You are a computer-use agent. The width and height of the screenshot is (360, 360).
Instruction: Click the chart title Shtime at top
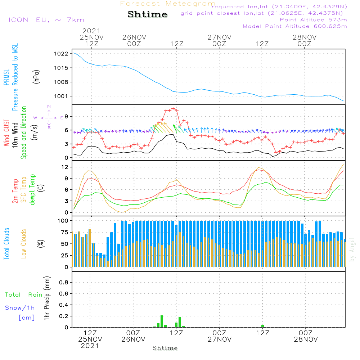[x=147, y=15]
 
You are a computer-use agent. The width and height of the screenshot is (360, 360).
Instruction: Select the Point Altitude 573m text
[x=313, y=19]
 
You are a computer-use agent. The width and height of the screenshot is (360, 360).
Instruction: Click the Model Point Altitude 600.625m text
[x=295, y=26]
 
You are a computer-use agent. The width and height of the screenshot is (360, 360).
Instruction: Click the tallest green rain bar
[x=162, y=321]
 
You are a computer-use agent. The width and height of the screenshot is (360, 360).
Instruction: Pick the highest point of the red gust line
[x=173, y=108]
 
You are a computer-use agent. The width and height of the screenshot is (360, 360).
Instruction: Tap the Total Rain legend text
[x=24, y=294]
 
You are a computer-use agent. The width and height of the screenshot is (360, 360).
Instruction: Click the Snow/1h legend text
[x=20, y=308]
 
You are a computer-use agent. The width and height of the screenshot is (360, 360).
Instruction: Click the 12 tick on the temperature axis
[x=65, y=167]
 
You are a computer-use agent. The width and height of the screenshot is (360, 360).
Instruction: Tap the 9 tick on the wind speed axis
[x=67, y=116]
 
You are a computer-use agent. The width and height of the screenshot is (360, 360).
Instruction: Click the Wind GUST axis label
[x=7, y=134]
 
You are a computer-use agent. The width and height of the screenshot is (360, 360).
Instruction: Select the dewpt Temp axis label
[x=33, y=190]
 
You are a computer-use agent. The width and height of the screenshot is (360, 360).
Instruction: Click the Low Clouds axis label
[x=24, y=243]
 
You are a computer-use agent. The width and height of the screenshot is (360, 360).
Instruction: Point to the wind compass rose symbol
[x=49, y=117]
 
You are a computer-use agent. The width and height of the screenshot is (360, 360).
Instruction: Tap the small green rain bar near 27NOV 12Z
[x=263, y=326]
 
